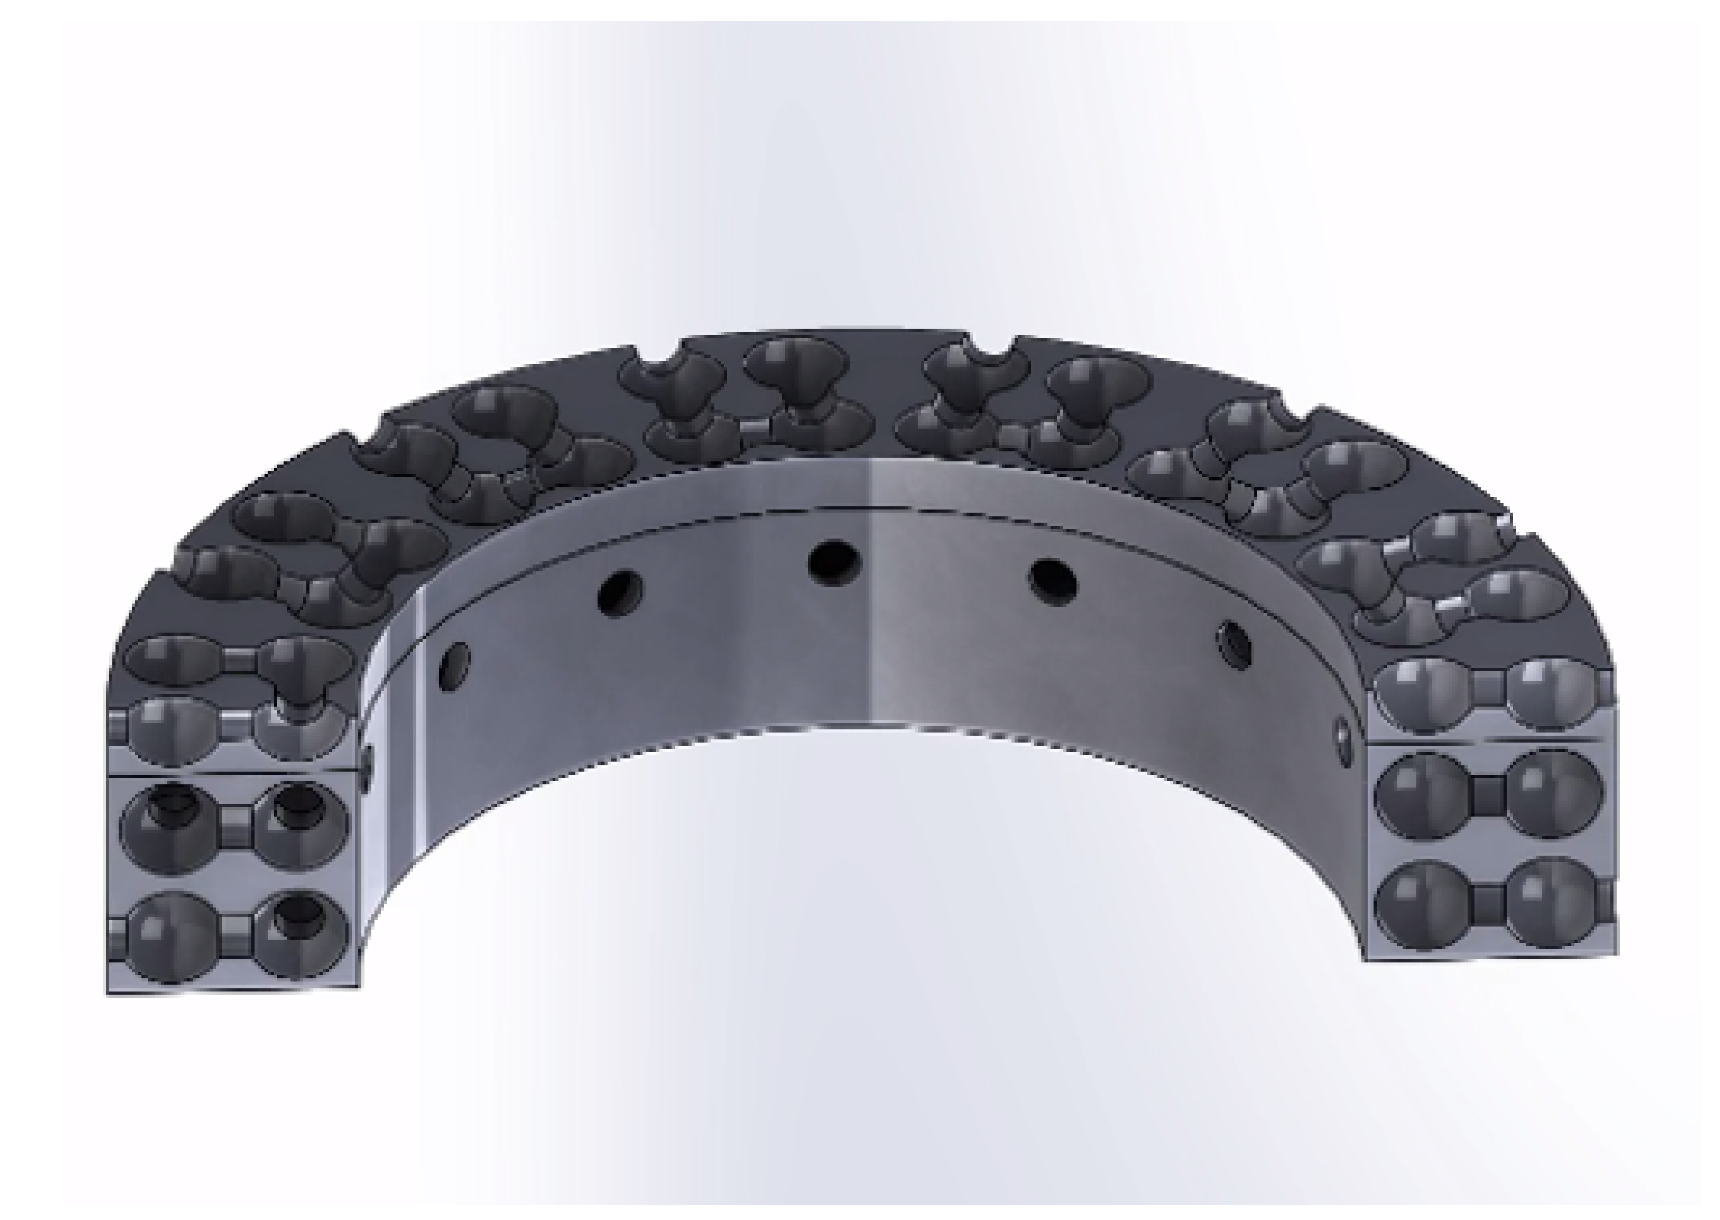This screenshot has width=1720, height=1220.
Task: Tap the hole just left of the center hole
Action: (x=620, y=593)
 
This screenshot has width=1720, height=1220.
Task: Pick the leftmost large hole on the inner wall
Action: (x=454, y=666)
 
